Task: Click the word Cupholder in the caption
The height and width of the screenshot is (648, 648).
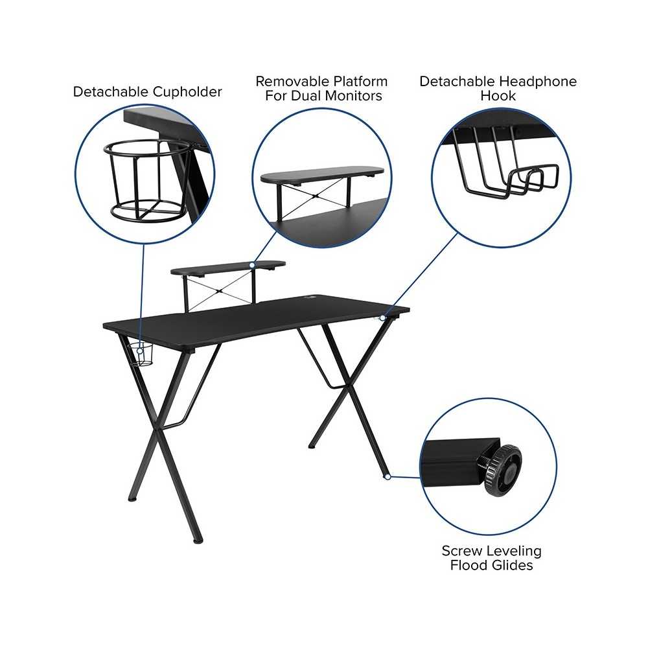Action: click(187, 92)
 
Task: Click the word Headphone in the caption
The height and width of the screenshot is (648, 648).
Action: click(537, 82)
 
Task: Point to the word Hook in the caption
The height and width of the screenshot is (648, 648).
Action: click(498, 96)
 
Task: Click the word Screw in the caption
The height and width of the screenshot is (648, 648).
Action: click(461, 551)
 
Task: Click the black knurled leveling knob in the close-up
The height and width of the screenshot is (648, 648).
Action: click(503, 470)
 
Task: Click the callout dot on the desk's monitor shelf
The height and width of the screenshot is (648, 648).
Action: click(252, 264)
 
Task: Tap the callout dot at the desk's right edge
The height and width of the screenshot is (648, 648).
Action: click(383, 318)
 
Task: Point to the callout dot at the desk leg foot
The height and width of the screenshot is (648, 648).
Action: click(388, 476)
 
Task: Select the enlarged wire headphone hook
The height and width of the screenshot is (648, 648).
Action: click(507, 165)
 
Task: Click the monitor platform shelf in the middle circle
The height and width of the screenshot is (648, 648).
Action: click(322, 174)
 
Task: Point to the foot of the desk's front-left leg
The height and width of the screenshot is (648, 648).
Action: click(198, 540)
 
